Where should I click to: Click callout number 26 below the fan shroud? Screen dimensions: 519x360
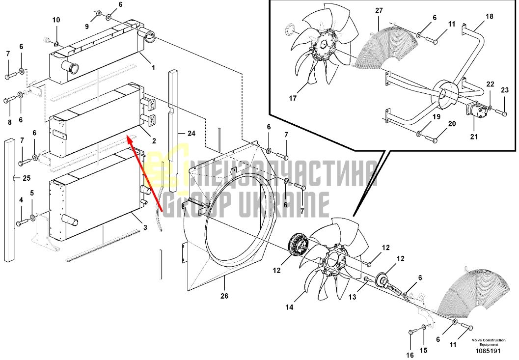[224, 296]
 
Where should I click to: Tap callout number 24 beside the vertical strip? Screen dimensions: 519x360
[191, 133]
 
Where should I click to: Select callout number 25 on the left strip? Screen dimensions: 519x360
[27, 178]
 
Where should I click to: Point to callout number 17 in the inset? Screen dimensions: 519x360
[293, 98]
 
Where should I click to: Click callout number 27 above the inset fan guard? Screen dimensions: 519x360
[379, 11]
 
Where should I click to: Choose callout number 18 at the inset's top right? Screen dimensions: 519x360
[489, 16]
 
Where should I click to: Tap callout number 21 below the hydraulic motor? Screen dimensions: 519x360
[474, 136]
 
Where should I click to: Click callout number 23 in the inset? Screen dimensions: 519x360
[504, 90]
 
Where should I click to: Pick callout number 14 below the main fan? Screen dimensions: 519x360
[289, 307]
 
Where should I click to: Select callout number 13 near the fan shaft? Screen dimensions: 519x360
[352, 297]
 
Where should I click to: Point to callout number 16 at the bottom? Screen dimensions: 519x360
[410, 355]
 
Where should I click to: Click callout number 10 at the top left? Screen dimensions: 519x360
[56, 20]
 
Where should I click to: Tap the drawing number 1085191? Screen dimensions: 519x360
[488, 351]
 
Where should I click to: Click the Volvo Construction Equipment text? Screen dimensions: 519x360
[489, 342]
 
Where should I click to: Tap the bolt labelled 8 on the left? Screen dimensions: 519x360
[10, 100]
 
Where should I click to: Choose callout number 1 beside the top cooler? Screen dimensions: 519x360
[153, 68]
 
